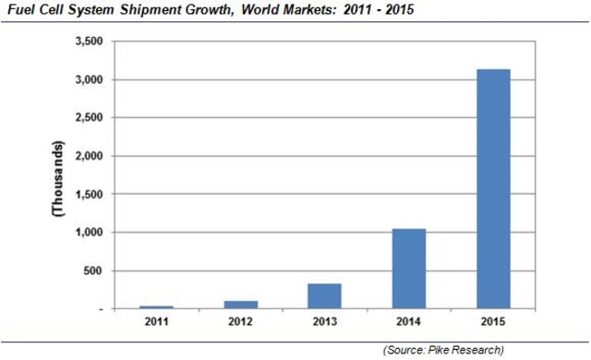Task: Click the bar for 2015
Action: (x=493, y=189)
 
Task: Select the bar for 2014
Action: (x=408, y=269)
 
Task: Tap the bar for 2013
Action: (x=324, y=296)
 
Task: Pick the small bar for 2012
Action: (x=240, y=305)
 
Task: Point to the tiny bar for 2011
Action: (x=155, y=307)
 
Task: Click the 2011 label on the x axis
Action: (x=155, y=321)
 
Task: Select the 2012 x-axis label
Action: (x=240, y=321)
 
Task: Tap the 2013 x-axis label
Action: (x=324, y=321)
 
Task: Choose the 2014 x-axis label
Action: (x=408, y=321)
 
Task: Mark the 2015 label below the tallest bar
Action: (x=493, y=321)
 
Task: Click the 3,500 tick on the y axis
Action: (x=87, y=42)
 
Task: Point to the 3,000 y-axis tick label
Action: (x=87, y=80)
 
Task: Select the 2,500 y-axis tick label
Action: (x=87, y=118)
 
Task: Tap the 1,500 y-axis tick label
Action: (x=87, y=195)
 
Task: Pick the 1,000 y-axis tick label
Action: (x=87, y=233)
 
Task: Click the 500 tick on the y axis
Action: (x=93, y=271)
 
